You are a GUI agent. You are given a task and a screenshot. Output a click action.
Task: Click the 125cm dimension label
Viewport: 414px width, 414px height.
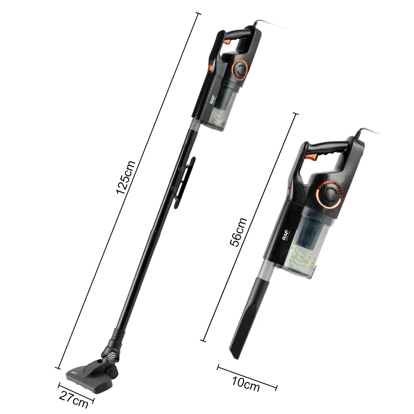pos(125,178)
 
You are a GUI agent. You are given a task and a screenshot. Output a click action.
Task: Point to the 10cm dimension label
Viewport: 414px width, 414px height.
pos(246,385)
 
